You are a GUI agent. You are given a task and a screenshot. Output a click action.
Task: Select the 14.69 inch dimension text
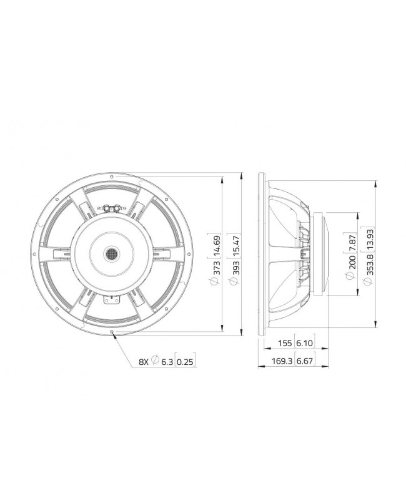[217, 244]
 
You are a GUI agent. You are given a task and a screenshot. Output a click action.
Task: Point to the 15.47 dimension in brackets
[235, 244]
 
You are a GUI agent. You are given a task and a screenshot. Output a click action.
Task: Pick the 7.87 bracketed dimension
[352, 242]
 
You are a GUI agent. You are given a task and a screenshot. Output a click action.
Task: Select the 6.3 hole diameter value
[166, 362]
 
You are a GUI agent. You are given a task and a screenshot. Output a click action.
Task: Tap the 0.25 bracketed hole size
[184, 362]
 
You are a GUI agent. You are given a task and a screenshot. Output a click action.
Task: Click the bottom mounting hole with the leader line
[112, 332]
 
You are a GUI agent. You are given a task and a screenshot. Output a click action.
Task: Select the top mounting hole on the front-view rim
[112, 177]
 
